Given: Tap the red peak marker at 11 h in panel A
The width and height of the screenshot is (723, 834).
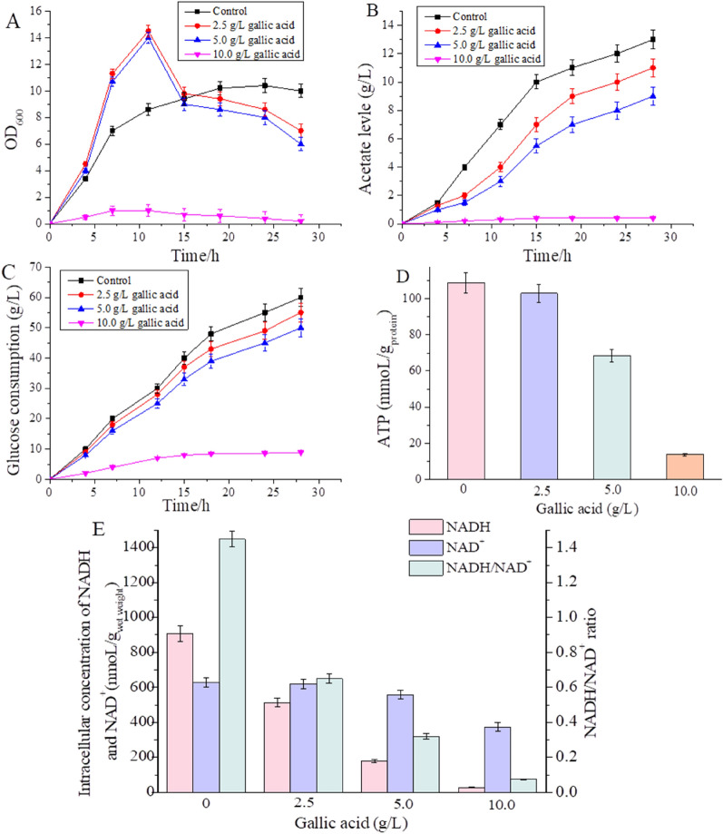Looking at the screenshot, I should pyautogui.click(x=148, y=32).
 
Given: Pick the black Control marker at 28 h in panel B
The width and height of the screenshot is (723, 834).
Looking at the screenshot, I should pyautogui.click(x=678, y=39).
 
